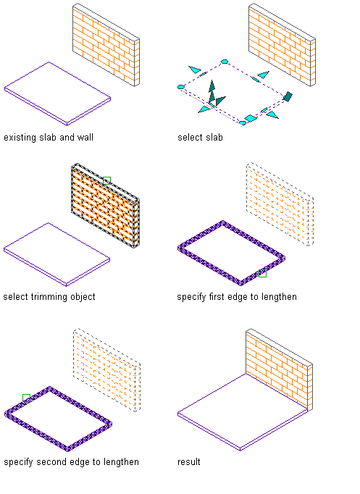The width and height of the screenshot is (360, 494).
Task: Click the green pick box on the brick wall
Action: pyautogui.click(x=106, y=180)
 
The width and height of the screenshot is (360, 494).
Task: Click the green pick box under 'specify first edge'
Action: pyautogui.click(x=262, y=274)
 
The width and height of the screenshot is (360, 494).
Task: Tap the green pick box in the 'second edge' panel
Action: pyautogui.click(x=27, y=398)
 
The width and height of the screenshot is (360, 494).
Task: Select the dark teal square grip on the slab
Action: pyautogui.click(x=288, y=96)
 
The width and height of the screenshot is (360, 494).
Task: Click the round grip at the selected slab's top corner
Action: pyautogui.click(x=225, y=62)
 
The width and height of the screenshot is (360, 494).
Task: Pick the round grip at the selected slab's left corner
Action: pyautogui.click(x=181, y=87)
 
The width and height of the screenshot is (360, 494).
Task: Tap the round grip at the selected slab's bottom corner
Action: pyautogui.click(x=242, y=123)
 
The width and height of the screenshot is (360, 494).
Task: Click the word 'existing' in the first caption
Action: pyautogui.click(x=20, y=138)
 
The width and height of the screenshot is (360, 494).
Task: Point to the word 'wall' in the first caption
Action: pyautogui.click(x=85, y=138)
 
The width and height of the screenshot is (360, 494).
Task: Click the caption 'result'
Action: pyautogui.click(x=188, y=462)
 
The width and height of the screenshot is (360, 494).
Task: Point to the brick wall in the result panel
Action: pyautogui.click(x=279, y=369)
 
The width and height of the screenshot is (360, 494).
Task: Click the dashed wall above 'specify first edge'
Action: pyautogui.click(x=280, y=204)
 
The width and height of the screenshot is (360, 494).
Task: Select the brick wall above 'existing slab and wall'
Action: pyautogui.click(x=106, y=45)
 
